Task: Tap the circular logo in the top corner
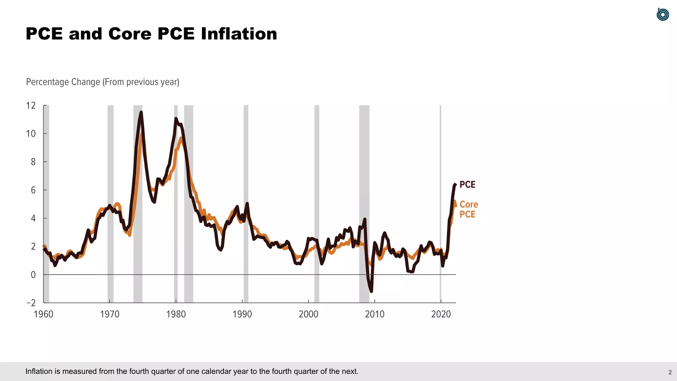(662, 15)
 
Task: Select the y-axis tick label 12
(31, 106)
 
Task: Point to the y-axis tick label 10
(31, 134)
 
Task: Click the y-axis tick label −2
(31, 303)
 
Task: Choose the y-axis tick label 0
(33, 275)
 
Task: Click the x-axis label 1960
(43, 314)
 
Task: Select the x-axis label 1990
(242, 314)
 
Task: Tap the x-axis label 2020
(441, 314)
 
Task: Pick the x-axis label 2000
(308, 314)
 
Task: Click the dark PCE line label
(467, 185)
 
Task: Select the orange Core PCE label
(468, 209)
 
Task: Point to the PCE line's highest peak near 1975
(141, 112)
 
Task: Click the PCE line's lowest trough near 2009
(371, 291)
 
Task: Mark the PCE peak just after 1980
(176, 118)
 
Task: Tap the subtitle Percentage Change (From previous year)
(102, 82)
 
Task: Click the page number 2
(670, 372)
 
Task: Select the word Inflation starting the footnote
(39, 371)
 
